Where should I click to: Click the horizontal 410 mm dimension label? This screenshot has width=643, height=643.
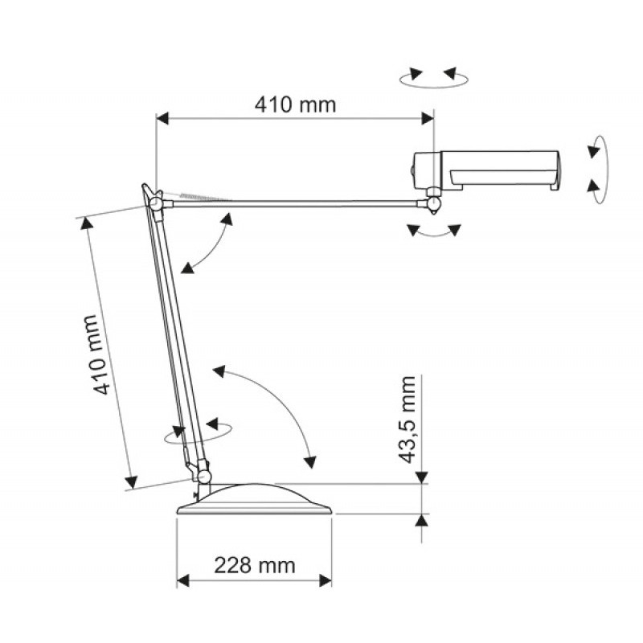click(295, 105)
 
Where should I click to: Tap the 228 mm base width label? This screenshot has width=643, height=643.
click(255, 566)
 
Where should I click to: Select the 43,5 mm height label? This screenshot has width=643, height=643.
click(408, 419)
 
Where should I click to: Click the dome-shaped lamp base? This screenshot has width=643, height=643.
click(255, 499)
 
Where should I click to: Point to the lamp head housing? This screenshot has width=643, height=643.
click(485, 170)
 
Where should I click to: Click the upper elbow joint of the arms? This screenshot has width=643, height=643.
click(155, 203)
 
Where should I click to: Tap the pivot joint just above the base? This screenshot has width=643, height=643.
click(204, 476)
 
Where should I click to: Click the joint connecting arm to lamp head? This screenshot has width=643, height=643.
click(434, 203)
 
